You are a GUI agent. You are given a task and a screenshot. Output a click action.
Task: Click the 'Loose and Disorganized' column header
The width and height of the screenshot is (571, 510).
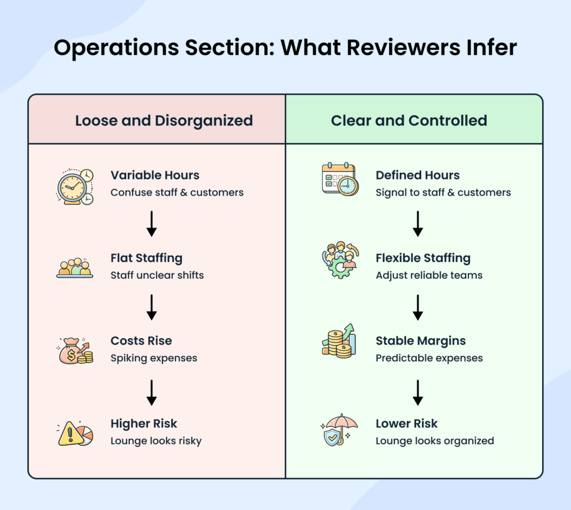pos(164,120)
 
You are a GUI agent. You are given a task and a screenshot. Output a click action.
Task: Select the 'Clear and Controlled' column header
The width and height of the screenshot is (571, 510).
pos(409,120)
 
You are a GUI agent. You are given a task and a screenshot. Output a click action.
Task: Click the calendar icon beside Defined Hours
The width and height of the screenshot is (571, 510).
pos(340,179)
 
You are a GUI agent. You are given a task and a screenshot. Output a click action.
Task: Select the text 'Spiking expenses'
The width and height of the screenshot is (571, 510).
pos(153,358)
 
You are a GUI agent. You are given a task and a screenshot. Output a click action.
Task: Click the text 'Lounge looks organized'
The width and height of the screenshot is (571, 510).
pos(434,441)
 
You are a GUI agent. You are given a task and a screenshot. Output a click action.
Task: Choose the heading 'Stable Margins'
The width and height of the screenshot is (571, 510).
pos(420,341)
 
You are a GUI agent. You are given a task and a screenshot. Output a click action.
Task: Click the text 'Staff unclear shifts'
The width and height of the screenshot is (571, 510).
pos(157,275)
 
